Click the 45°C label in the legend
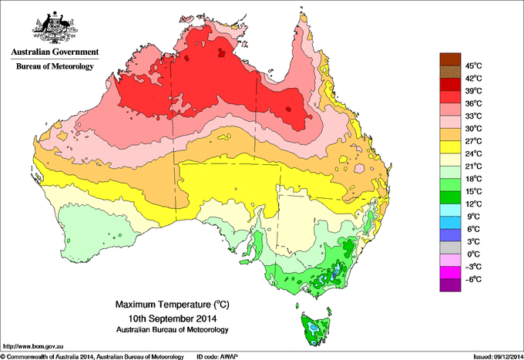(473, 66)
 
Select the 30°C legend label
(473, 128)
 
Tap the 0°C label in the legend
(473, 254)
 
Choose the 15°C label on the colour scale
(473, 191)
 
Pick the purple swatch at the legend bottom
(450, 285)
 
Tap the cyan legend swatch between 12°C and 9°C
(450, 210)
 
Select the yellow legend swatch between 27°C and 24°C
(450, 147)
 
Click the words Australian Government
(54, 52)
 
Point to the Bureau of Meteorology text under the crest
(54, 67)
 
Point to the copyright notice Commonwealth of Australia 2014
(92, 356)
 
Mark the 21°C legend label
(473, 166)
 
